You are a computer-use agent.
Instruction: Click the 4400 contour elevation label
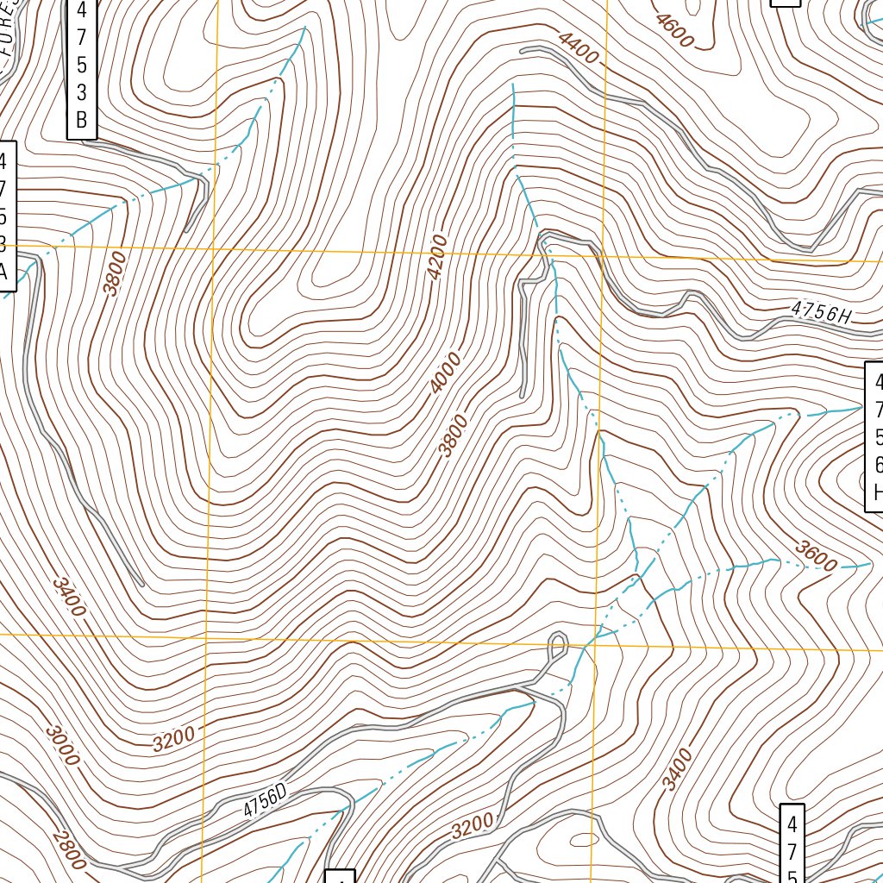(578, 47)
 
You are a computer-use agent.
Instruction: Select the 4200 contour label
(438, 257)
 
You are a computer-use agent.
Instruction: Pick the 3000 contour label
(63, 746)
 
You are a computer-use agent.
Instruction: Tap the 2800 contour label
(68, 850)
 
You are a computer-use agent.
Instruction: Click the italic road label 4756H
(820, 313)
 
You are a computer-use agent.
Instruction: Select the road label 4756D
(264, 803)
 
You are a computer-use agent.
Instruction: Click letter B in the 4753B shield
(81, 120)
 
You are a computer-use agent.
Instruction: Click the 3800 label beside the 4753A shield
(114, 272)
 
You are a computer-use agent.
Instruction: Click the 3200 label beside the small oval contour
(473, 825)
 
